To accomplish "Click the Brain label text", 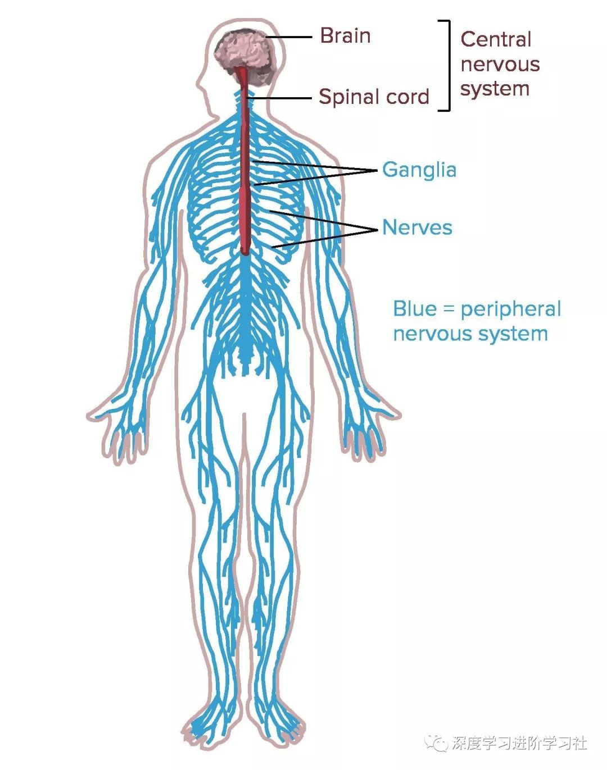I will (345, 36).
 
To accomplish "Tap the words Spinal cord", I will (374, 97).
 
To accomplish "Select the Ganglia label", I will (419, 170).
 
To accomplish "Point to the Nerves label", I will (417, 227).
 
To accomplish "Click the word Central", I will (496, 39).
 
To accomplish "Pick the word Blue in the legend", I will (415, 309).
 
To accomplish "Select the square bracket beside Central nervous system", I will (447, 66).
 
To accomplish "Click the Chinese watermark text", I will (519, 744).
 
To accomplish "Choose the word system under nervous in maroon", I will (495, 89).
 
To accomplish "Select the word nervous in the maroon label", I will (500, 65).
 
